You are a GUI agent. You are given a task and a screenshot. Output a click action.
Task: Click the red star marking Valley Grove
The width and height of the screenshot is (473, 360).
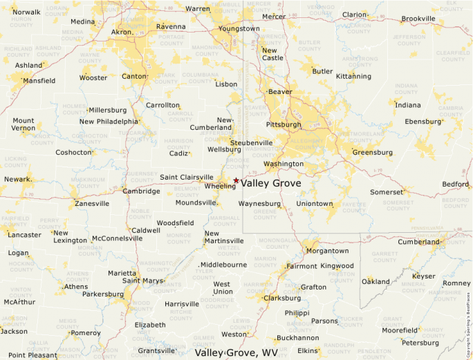pyautogui.click(x=236, y=181)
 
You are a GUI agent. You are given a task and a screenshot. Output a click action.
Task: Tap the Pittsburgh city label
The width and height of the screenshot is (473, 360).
pyautogui.click(x=284, y=125)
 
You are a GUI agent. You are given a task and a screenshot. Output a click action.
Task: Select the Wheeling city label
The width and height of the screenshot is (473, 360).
pyautogui.click(x=220, y=186)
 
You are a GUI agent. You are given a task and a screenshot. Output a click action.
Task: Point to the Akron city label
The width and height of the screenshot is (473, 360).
pyautogui.click(x=122, y=32)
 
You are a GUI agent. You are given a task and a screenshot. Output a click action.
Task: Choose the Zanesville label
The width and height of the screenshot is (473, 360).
pyautogui.click(x=92, y=204)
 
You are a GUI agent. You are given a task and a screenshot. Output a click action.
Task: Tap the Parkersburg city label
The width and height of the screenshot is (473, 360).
pyautogui.click(x=102, y=294)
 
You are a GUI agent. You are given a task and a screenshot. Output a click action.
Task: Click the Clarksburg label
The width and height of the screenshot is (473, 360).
pyautogui.click(x=282, y=299)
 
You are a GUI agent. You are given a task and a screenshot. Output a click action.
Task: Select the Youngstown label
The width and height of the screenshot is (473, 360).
pyautogui.click(x=239, y=28)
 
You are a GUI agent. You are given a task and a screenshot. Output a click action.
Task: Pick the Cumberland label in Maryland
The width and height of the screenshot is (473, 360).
pyautogui.click(x=418, y=242)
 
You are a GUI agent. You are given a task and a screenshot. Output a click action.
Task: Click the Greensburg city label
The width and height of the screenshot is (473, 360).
pyautogui.click(x=372, y=152)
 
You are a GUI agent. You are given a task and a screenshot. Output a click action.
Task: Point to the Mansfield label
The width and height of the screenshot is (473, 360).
pyautogui.click(x=39, y=81)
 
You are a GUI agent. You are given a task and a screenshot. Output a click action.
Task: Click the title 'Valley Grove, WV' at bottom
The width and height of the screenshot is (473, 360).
pyautogui.click(x=237, y=352)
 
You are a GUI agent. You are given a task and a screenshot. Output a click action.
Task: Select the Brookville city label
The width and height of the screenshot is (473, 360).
pyautogui.click(x=418, y=19)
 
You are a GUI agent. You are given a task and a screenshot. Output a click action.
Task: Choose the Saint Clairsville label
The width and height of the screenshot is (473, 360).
pyautogui.click(x=187, y=177)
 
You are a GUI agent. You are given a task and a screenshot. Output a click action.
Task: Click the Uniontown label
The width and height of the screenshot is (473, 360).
pyautogui.click(x=315, y=204)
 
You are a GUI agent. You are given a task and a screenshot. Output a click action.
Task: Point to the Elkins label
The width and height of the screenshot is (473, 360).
pyautogui.click(x=308, y=350)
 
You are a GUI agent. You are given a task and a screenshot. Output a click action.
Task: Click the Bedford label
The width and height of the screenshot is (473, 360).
pyautogui.click(x=455, y=184)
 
